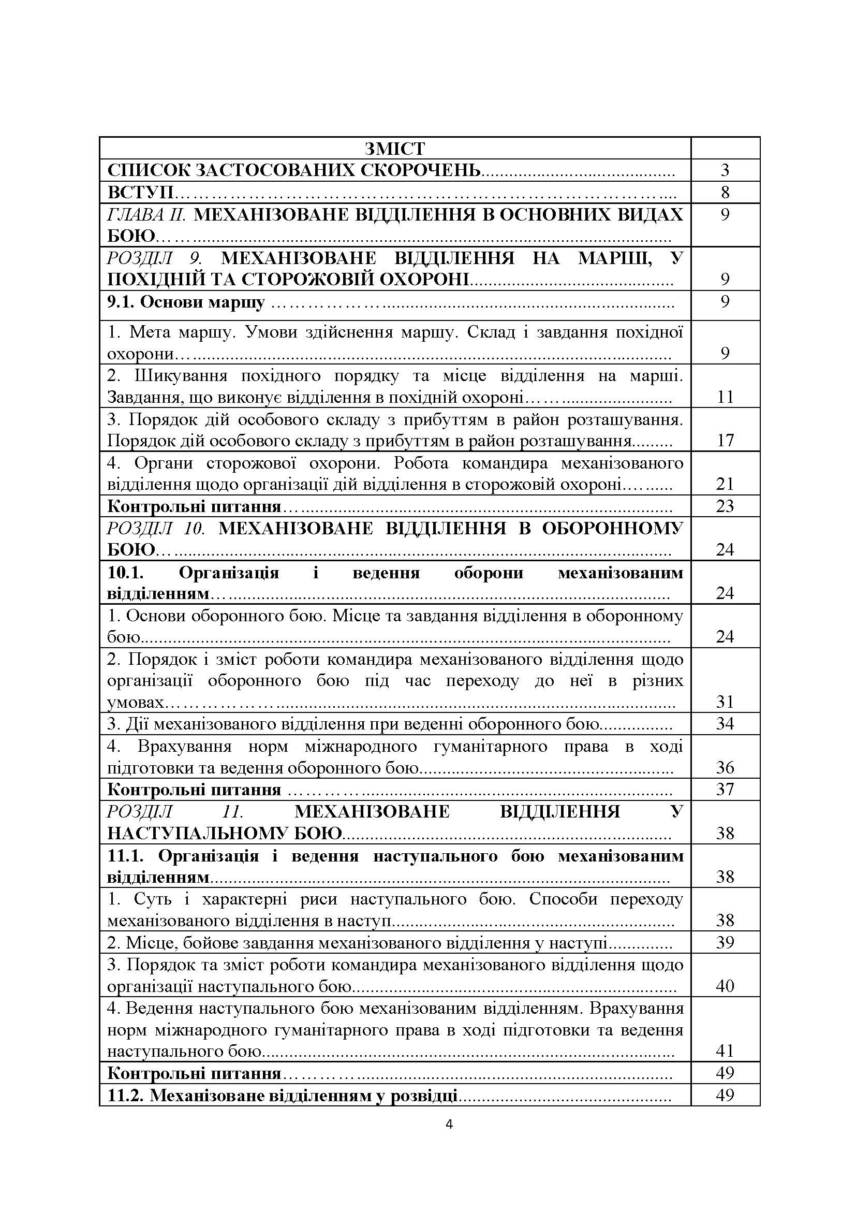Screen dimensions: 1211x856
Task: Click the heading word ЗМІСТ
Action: (394, 149)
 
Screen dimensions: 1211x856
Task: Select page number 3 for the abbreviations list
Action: (725, 170)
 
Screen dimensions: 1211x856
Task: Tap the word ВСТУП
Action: (141, 193)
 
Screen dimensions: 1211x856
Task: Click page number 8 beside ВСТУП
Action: (725, 193)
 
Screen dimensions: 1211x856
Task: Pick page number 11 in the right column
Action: (725, 397)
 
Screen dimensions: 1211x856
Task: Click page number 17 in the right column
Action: (725, 441)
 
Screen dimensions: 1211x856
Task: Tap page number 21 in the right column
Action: (725, 484)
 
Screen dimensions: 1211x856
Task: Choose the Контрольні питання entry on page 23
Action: (194, 507)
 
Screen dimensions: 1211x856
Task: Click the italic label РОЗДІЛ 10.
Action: (156, 529)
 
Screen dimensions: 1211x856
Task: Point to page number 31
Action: (725, 702)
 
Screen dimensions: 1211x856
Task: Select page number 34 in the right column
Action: (725, 724)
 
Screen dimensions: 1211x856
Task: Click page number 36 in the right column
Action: (725, 767)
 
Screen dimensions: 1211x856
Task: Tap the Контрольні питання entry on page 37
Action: (194, 790)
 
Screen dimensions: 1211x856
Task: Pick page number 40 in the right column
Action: (725, 986)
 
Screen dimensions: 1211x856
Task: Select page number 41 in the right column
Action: (725, 1050)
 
